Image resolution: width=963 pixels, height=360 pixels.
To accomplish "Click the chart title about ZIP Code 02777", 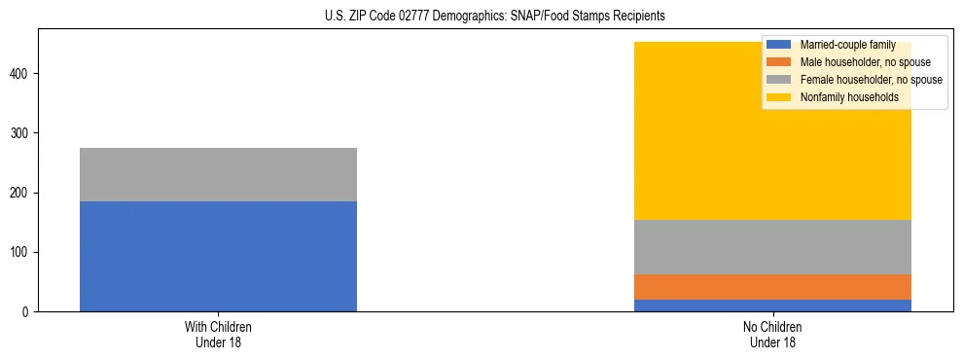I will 495,17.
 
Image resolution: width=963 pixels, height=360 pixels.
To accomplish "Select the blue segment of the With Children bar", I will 218,256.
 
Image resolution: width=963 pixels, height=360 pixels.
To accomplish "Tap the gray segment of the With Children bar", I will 218,174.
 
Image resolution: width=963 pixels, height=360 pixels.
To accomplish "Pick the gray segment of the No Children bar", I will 772,247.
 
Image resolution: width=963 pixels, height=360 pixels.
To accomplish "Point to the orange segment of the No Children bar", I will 772,287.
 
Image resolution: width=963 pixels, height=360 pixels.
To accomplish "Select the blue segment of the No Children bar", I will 772,306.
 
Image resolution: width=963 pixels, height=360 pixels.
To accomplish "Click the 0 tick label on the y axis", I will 27,312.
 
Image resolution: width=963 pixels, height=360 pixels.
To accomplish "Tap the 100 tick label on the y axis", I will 21,253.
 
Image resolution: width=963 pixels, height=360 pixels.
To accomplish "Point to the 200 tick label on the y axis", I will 21,193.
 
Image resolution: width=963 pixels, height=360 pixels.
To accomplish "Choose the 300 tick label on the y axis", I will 21,133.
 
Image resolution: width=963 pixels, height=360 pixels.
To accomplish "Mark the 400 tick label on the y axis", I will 21,74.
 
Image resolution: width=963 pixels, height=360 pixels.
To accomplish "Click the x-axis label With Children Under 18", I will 218,335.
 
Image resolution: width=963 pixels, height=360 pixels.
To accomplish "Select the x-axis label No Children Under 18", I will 772,335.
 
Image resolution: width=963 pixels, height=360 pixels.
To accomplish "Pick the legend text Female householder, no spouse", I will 871,80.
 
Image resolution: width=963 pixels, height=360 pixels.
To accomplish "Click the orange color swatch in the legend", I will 779,62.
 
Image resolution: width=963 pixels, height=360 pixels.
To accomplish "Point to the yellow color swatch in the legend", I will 779,97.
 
